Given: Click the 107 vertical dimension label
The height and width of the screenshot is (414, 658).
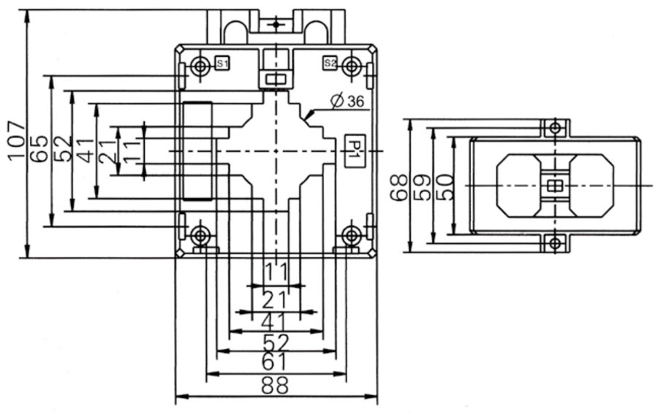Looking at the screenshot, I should coord(16,141).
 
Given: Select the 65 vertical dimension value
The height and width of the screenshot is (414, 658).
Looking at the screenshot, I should coord(39,149).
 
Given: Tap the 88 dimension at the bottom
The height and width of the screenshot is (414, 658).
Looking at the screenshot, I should coord(275,385).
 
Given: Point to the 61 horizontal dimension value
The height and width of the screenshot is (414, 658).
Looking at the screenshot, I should coord(275,361).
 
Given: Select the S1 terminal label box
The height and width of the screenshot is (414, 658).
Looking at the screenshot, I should coord(223,64).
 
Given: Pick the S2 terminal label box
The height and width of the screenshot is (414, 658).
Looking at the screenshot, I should coord(330,64).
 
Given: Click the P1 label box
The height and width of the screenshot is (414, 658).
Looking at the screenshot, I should coord(352,150).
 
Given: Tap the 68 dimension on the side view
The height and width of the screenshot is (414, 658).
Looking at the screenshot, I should coord(399,186).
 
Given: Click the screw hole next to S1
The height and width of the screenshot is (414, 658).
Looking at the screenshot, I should coord(200,67).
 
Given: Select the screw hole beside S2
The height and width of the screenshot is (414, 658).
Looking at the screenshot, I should coord(352,67).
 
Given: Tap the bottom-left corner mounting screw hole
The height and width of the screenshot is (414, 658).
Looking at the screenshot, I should coord(200,235).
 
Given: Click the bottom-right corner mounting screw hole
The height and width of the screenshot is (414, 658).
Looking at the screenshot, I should coord(352,235).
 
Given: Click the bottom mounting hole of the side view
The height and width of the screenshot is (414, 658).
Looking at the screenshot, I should coord(555,242).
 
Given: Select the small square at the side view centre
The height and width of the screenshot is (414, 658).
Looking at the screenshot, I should coord(555,185).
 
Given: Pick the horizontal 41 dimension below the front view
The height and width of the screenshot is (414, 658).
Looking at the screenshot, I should coord(275,321).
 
